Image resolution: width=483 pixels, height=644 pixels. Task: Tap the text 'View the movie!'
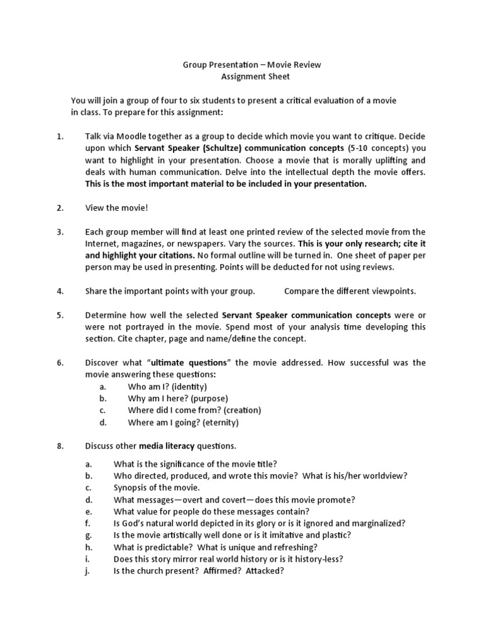coord(117,208)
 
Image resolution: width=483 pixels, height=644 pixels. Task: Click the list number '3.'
coord(60,231)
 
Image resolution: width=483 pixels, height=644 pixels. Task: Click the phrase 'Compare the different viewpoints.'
coord(350,291)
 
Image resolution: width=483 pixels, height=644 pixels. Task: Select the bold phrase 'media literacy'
coord(167,446)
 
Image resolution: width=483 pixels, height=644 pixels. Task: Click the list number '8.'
coord(60,446)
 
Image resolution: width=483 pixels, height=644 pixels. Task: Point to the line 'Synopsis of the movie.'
coord(157,487)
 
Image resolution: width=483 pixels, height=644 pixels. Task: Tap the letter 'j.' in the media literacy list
coord(89,570)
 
